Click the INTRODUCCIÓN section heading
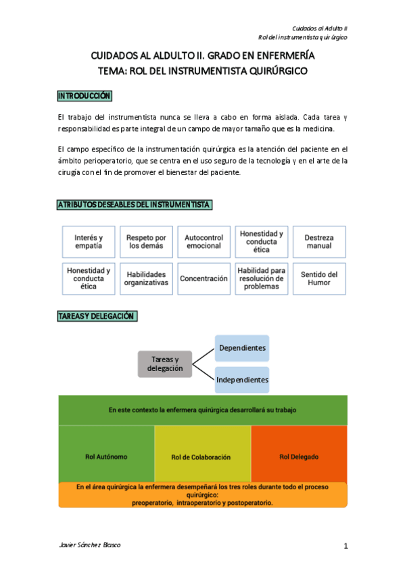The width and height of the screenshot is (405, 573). tap(85, 97)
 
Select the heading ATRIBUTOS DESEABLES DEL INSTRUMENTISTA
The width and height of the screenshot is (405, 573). tap(135, 205)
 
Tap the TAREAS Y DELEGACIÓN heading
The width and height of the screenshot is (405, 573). tap(97, 316)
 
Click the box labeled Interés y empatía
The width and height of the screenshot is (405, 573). tap(89, 242)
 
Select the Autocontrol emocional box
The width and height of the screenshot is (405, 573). tap(204, 242)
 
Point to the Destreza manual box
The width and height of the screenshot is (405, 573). tap(318, 242)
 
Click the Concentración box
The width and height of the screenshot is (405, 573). tap(204, 278)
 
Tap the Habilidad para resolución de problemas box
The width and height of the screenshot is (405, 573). tap(261, 278)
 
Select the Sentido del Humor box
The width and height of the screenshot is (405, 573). tap(318, 278)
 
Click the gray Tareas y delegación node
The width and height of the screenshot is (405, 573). tap(164, 364)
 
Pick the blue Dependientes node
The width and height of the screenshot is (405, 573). tap(242, 348)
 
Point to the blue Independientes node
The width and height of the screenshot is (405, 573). tap(242, 380)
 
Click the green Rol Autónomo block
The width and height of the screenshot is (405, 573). tap(106, 456)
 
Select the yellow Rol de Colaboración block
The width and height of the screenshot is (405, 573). tap(201, 457)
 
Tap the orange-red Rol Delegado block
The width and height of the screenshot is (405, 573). tap(298, 456)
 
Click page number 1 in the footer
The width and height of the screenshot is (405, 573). tap(345, 546)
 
